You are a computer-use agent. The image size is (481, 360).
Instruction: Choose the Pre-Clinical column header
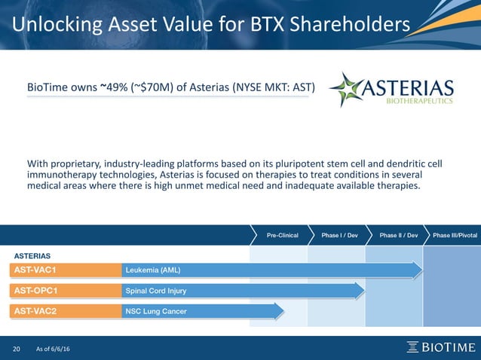(x=283, y=236)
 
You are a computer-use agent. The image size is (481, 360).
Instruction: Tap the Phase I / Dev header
(x=339, y=236)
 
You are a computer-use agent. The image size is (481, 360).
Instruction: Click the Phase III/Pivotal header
(x=455, y=236)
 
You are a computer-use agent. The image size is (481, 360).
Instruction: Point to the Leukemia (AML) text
(x=153, y=270)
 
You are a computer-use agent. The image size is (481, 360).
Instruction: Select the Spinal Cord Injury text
(x=156, y=290)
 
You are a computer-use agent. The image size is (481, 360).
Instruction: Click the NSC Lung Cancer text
(x=157, y=310)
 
